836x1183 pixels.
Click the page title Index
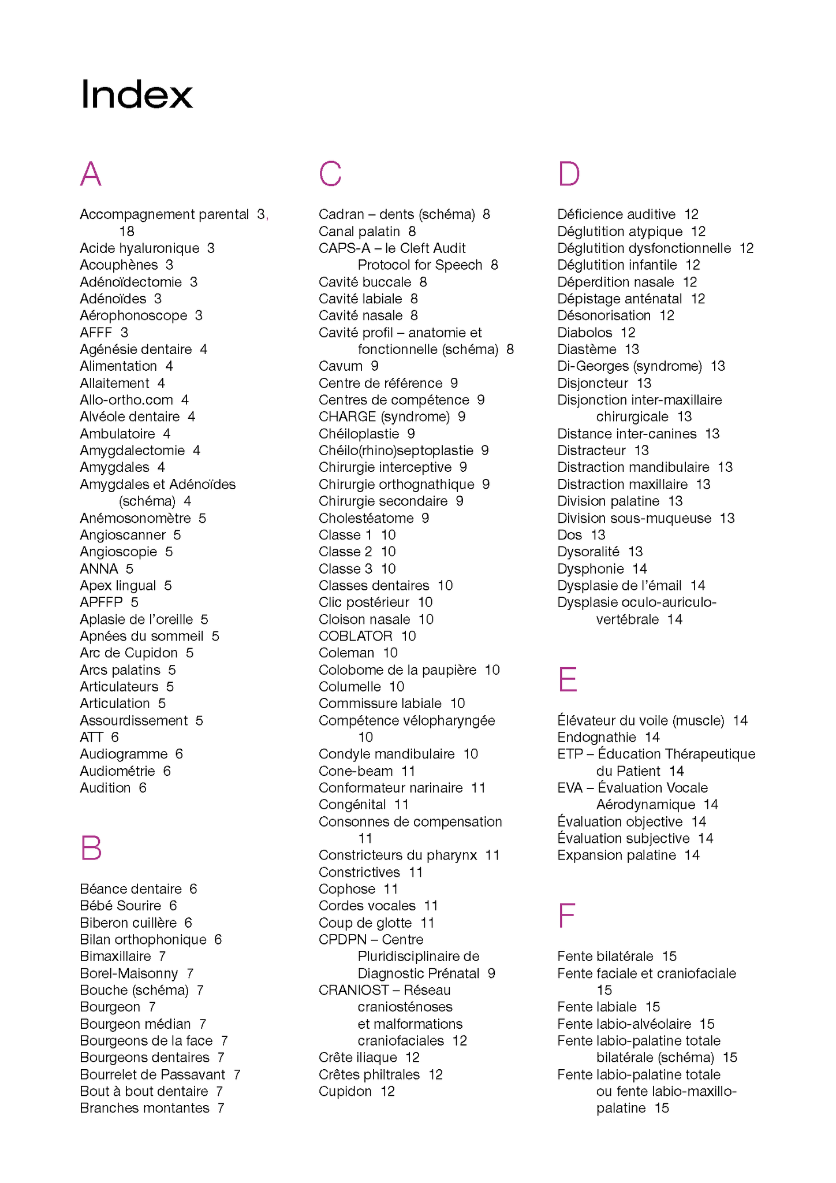pos(136,94)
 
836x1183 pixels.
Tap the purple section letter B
pos(91,848)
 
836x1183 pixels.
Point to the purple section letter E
pos(568,679)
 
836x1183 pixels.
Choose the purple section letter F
pos(566,916)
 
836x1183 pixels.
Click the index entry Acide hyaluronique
pos(140,248)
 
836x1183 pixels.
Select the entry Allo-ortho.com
pos(126,400)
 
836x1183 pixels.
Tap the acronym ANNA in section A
pos(99,569)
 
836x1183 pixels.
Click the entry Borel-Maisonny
pos(129,973)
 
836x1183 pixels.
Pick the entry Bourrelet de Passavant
pos(152,1074)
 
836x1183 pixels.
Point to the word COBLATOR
pos(356,636)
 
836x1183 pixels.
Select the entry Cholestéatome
pos(366,518)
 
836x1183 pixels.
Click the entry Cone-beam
pos(356,771)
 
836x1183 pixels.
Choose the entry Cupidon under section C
pos(345,1091)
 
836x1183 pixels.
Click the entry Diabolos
pos(585,333)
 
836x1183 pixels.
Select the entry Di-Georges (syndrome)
pos(630,366)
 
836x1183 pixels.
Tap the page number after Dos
pos(598,535)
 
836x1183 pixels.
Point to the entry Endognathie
pos(596,738)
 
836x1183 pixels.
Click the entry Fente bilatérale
pos(605,957)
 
